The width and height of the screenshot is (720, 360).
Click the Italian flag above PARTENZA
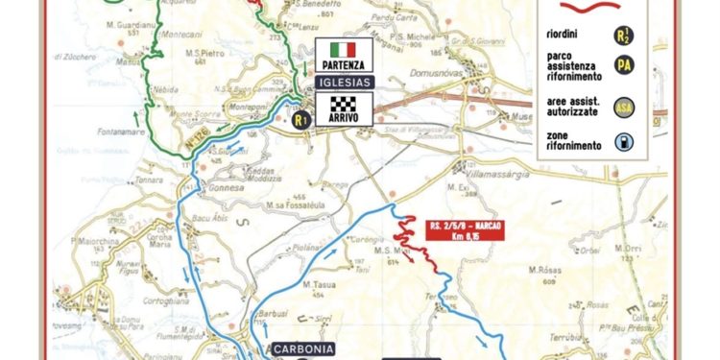(342, 49)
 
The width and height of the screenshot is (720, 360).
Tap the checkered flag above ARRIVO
(342, 102)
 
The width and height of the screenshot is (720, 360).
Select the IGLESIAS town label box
(343, 84)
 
